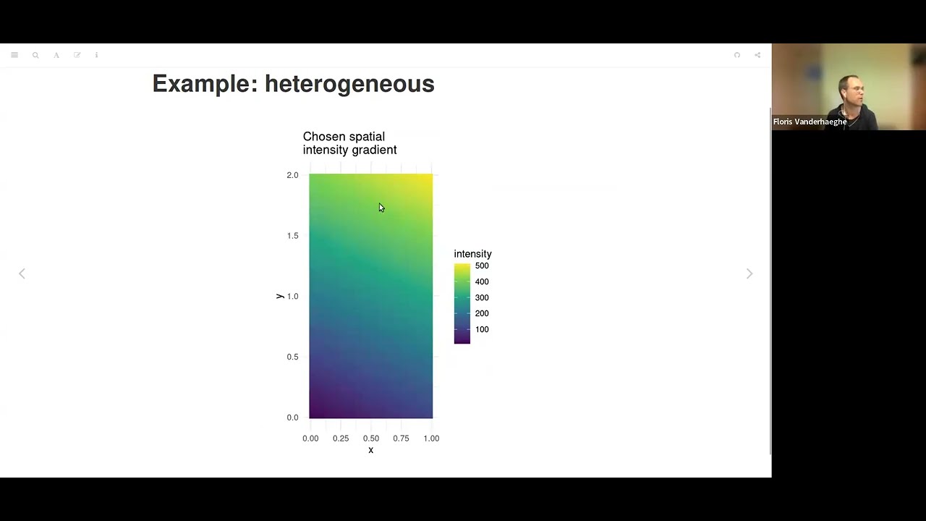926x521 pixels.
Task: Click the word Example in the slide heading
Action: pos(200,84)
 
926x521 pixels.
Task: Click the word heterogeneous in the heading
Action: pos(349,84)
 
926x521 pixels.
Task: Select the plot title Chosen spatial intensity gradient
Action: pos(349,143)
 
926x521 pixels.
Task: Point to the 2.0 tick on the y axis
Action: pos(292,175)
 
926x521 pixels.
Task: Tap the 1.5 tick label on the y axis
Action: pos(292,236)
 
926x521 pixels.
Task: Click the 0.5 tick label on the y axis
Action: pos(292,357)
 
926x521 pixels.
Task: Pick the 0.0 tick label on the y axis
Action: pos(292,418)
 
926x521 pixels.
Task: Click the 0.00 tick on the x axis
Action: pos(310,439)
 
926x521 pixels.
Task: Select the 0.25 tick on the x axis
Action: pos(341,439)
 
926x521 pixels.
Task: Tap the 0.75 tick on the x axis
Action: pos(401,439)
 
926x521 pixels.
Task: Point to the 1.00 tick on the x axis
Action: pos(431,439)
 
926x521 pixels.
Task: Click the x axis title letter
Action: pos(370,450)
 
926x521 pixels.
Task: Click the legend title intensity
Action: pos(472,254)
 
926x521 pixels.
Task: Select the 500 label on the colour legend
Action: pos(482,266)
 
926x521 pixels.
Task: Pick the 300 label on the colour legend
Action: pos(482,297)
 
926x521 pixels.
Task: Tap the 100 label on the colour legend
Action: pos(482,329)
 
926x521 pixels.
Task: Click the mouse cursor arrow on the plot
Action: pos(381,208)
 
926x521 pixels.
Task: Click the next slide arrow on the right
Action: pos(749,274)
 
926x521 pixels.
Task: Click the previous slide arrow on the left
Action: pos(22,274)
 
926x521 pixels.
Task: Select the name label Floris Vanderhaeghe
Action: pos(810,122)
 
